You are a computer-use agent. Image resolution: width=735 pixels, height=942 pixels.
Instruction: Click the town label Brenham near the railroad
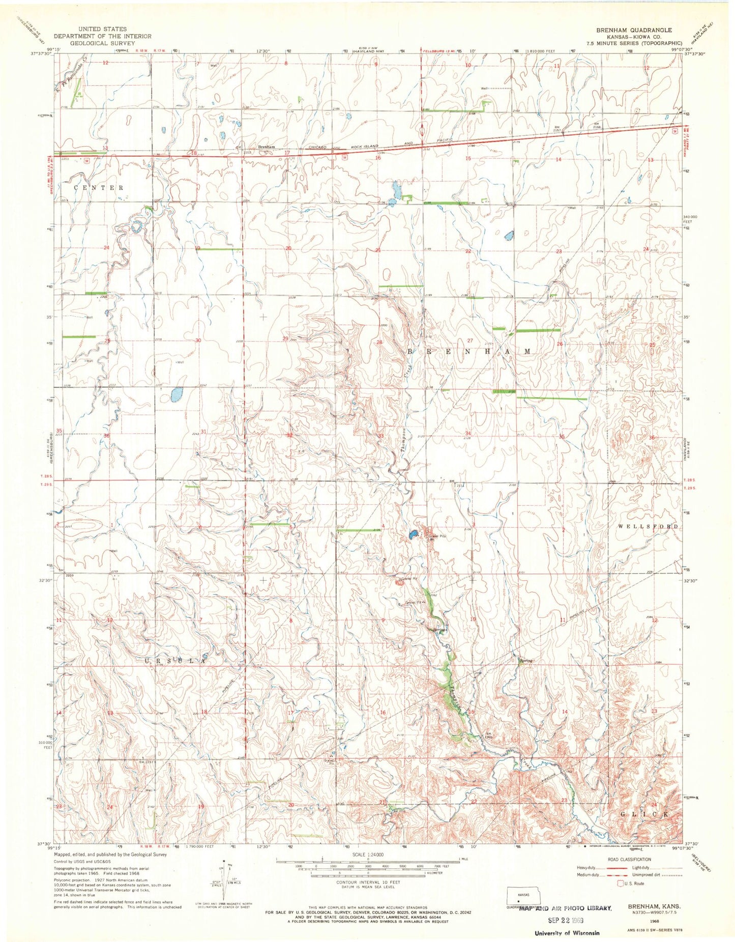267,147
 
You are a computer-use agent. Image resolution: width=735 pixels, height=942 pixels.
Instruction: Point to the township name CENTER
99,188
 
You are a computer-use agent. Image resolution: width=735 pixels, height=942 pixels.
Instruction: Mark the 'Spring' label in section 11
526,661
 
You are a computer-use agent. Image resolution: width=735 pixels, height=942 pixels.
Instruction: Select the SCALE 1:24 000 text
368,854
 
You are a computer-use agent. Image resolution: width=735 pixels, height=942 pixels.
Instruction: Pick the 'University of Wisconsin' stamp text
567,933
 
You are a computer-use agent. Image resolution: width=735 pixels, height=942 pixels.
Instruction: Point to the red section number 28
379,343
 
